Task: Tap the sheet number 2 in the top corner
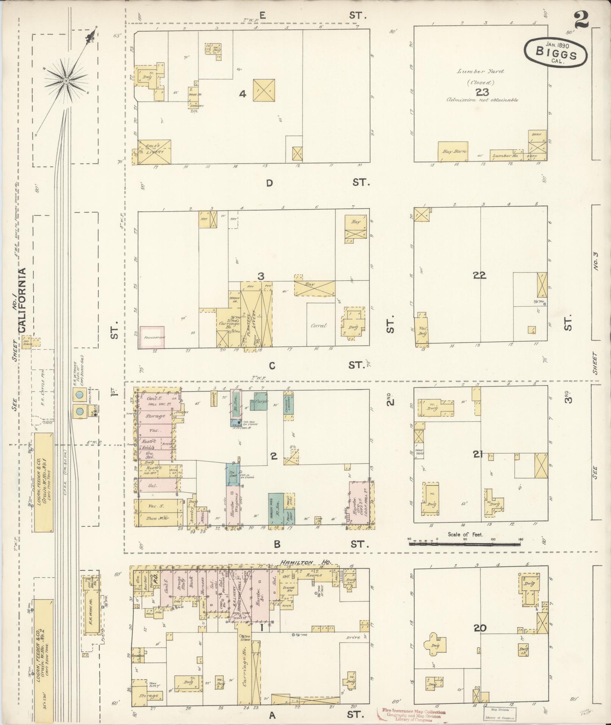[x=581, y=20]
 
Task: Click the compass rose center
[x=66, y=81]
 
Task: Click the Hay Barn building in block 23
[x=453, y=152]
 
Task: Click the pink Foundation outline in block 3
[x=152, y=337]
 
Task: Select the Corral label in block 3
[x=318, y=326]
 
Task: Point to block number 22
[x=479, y=276]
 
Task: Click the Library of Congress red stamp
[x=413, y=715]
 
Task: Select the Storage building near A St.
[x=148, y=696]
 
